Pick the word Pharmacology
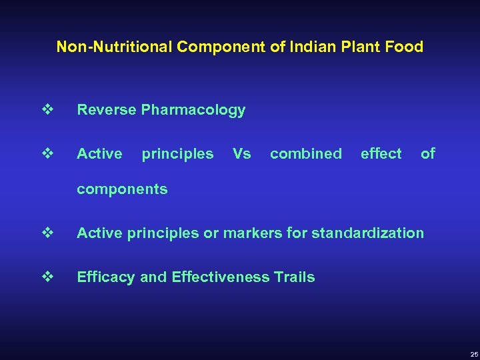pos(193,111)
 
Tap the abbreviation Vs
pos(241,154)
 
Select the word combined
pos(306,154)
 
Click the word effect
pos(381,154)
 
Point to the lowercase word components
pos(122,189)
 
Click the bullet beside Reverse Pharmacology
pos(47,110)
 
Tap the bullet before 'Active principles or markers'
pos(47,233)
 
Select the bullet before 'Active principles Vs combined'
pos(47,153)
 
